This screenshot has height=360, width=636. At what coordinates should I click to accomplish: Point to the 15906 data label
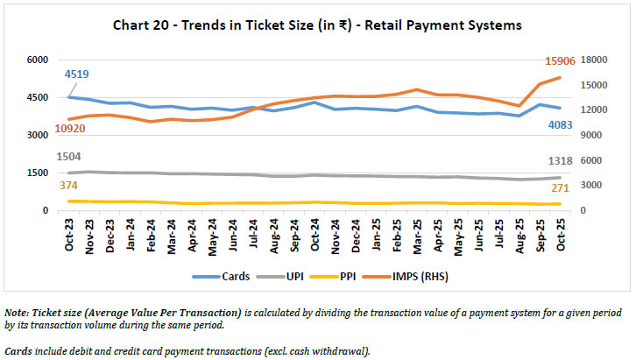(x=561, y=60)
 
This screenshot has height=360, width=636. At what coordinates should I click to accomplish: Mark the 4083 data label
(x=560, y=124)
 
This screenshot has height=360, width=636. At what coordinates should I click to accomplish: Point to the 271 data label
(x=561, y=188)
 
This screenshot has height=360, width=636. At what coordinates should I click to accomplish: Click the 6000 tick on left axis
(x=37, y=60)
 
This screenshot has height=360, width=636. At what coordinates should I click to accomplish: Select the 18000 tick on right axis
(x=592, y=60)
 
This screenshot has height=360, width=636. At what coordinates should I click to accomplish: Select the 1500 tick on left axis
(x=37, y=173)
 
